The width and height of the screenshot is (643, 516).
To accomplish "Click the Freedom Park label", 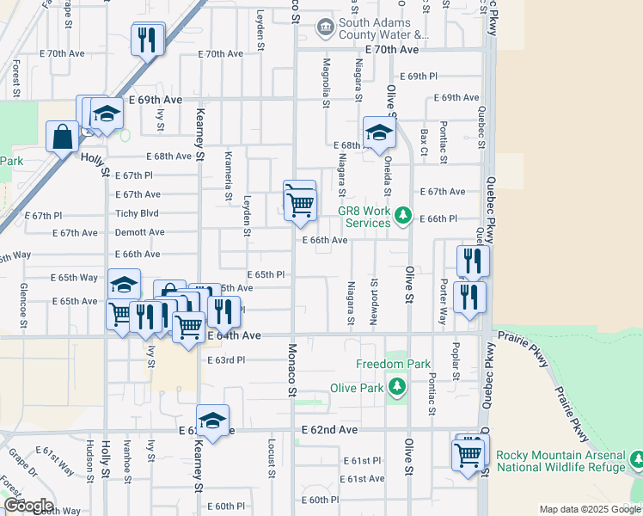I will pyautogui.click(x=393, y=364).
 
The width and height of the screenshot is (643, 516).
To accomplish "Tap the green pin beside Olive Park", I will pyautogui.click(x=396, y=388).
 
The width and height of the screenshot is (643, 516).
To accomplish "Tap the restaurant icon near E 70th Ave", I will pyautogui.click(x=148, y=39).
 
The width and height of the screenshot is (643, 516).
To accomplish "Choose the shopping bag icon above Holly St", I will pyautogui.click(x=63, y=136).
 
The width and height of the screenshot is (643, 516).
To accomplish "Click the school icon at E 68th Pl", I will pyautogui.click(x=377, y=132).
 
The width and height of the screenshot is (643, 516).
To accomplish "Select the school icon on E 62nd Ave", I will pyautogui.click(x=211, y=421).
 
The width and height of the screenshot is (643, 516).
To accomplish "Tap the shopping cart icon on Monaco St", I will pyautogui.click(x=300, y=205).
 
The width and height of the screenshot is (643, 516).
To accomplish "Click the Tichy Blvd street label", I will pyautogui.click(x=137, y=213).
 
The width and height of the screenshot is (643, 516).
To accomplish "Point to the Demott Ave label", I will pyautogui.click(x=139, y=232).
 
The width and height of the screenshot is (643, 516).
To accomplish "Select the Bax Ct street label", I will pyautogui.click(x=425, y=137).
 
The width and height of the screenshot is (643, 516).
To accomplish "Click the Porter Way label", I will pyautogui.click(x=444, y=301).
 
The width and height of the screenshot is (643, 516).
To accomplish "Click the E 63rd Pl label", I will pyautogui.click(x=226, y=360).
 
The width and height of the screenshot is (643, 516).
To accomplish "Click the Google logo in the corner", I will pyautogui.click(x=28, y=506).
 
